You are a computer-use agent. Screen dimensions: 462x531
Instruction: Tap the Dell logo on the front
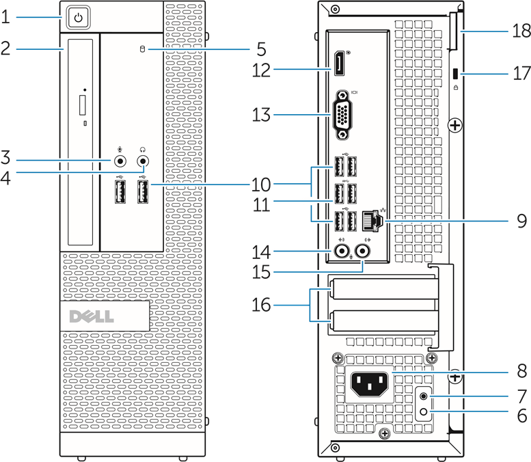pyautogui.click(x=104, y=316)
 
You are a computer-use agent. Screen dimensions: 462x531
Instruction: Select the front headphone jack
pyautogui.click(x=144, y=161)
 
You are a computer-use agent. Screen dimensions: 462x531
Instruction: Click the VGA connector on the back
pyautogui.click(x=344, y=113)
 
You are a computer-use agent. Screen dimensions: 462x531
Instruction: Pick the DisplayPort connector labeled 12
pyautogui.click(x=339, y=65)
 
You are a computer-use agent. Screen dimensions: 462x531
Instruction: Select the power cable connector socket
pyautogui.click(x=369, y=385)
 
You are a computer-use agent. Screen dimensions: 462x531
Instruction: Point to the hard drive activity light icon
pyautogui.click(x=143, y=49)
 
